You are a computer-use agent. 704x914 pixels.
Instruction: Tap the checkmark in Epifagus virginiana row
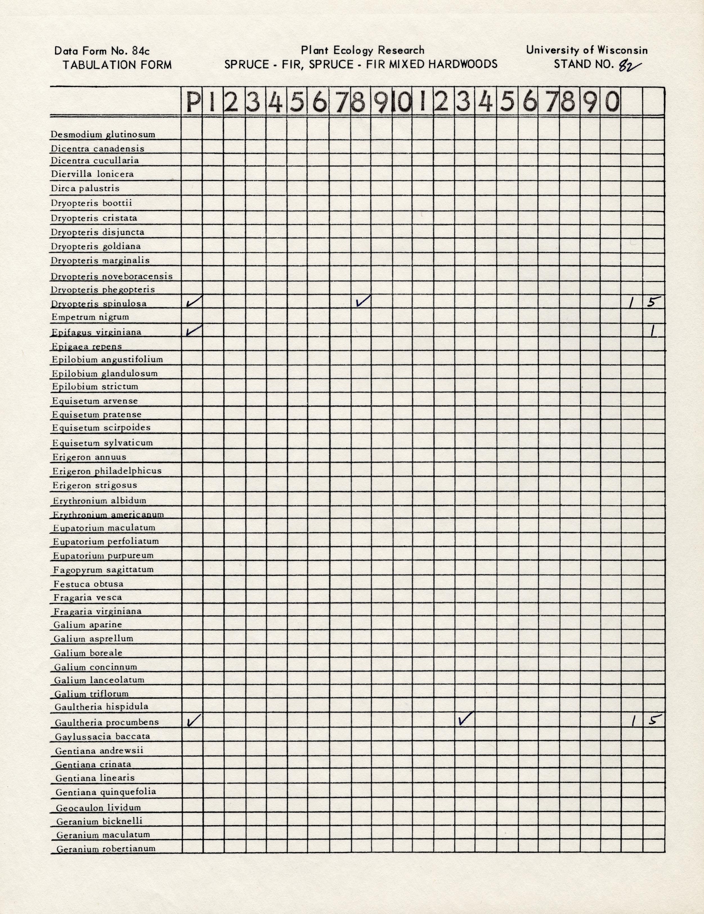tap(193, 331)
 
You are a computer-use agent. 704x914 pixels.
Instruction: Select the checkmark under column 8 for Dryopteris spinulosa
tap(363, 301)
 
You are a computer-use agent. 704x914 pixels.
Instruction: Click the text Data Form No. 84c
tap(102, 51)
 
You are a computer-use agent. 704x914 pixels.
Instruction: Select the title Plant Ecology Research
tap(362, 51)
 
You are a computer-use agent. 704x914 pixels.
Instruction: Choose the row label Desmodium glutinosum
tap(103, 135)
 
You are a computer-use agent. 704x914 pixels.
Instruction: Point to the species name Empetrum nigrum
tap(90, 317)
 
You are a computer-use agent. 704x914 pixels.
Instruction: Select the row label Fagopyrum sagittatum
tap(103, 570)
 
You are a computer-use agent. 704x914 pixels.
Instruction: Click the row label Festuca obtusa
tap(88, 584)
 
